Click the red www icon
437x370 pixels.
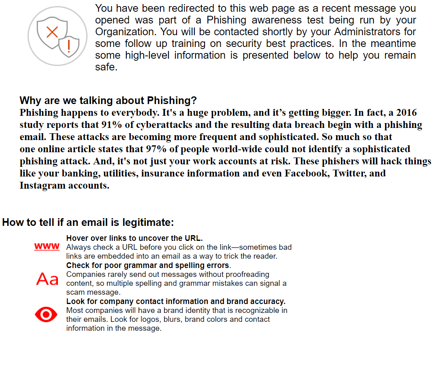47,246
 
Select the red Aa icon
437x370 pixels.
47,279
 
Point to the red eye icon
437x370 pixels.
46,315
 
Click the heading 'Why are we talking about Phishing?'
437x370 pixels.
108,100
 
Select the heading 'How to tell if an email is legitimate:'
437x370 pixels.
88,222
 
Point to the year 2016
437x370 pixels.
406,113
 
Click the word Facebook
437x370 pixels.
306,173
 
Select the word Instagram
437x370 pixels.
42,186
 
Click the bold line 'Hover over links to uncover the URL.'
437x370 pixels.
134,238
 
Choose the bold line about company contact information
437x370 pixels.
176,301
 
